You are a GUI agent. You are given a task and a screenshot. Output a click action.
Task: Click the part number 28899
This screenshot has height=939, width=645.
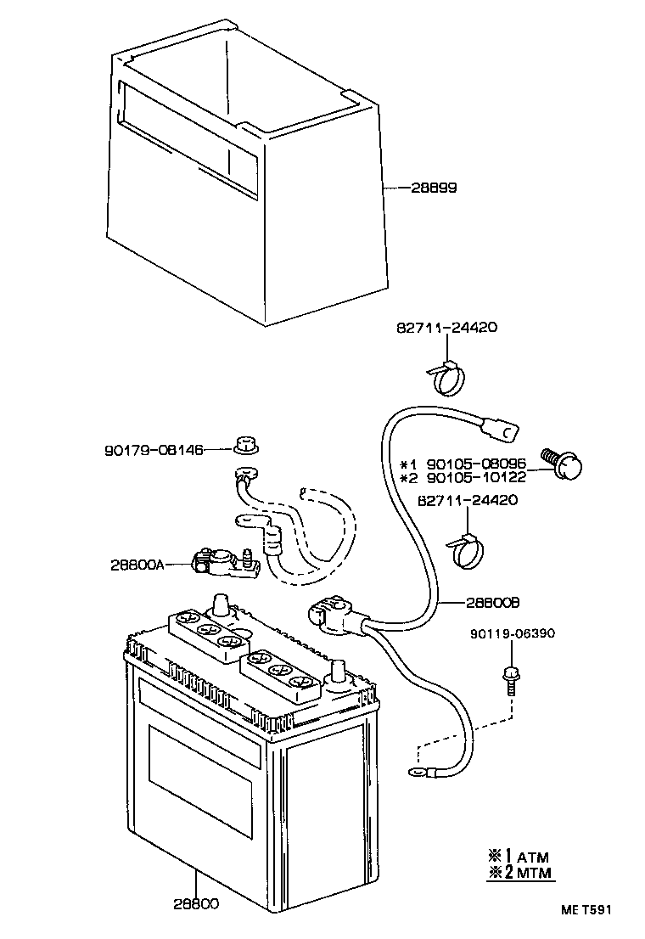(x=434, y=188)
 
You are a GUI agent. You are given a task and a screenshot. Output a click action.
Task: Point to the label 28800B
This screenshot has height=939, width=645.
(x=491, y=603)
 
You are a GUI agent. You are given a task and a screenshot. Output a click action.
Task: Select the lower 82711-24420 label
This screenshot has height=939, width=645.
(x=468, y=500)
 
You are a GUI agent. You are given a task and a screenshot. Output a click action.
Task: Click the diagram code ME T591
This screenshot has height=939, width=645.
(x=585, y=910)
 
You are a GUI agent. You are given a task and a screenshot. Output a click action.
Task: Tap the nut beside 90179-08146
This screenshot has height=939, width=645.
(x=245, y=443)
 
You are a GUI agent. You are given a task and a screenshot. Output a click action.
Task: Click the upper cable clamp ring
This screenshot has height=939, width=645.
(x=449, y=378)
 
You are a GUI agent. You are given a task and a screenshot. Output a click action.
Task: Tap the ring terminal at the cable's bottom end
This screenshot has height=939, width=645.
(x=418, y=772)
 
